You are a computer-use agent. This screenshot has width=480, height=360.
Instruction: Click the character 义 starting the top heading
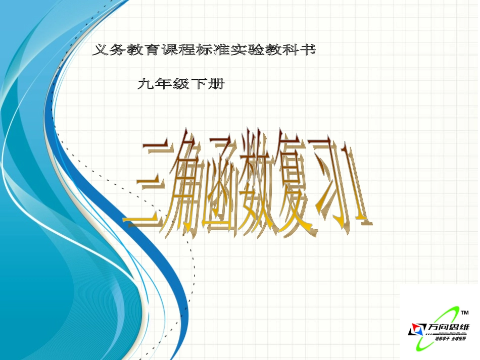[x=100, y=50]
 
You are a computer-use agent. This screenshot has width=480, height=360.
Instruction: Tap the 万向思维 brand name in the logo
[x=448, y=327]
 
